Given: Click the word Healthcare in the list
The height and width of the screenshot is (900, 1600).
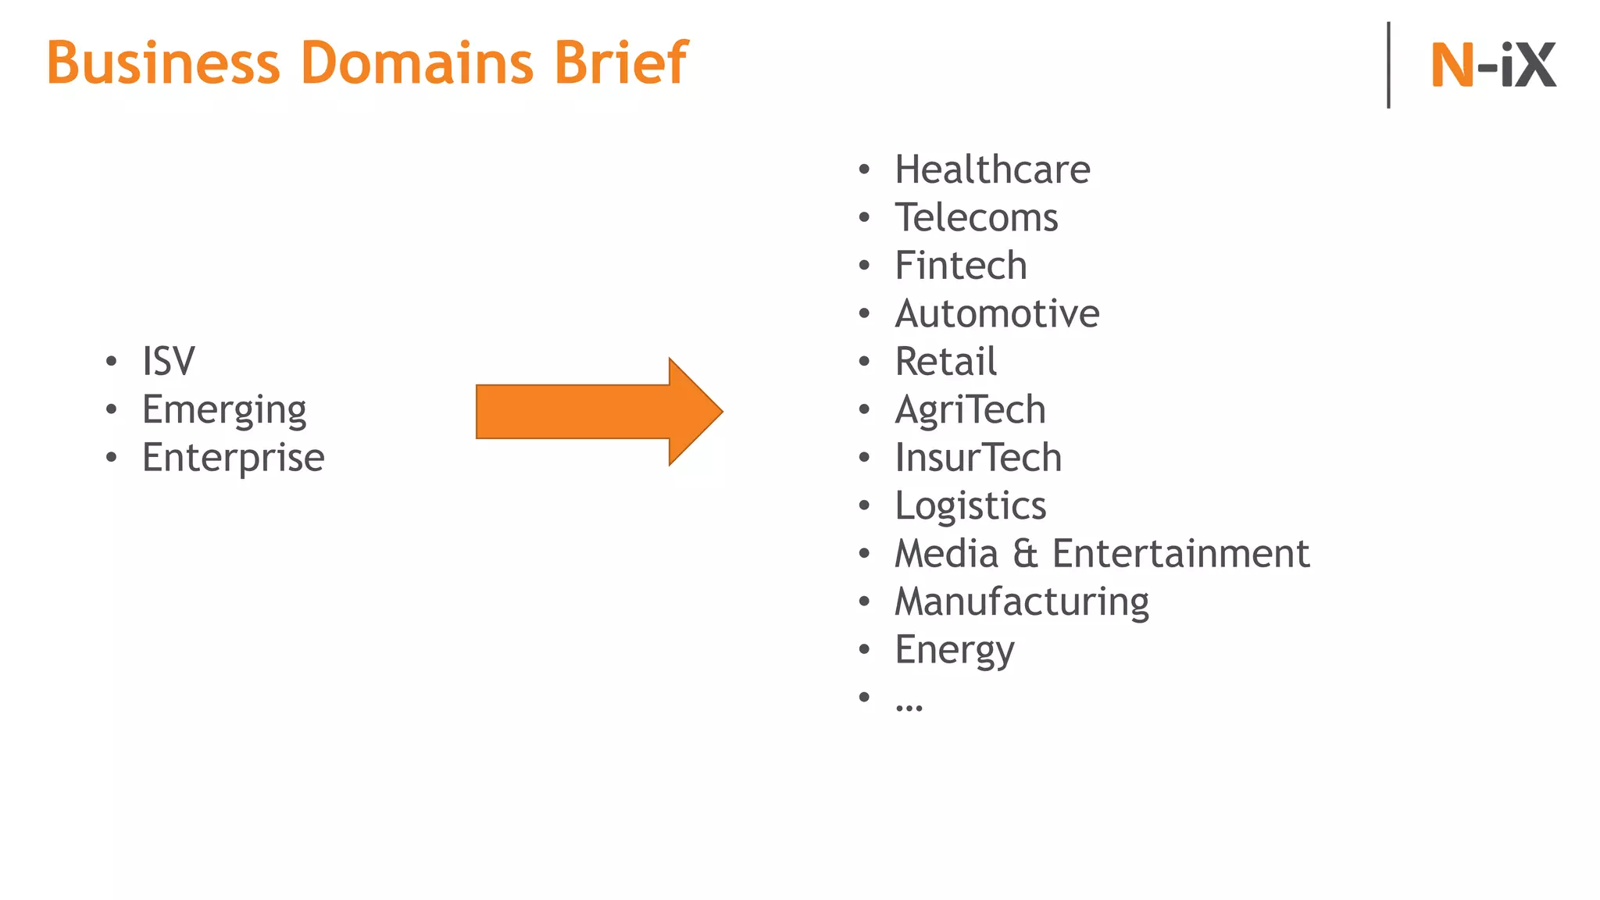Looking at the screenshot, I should (x=992, y=170).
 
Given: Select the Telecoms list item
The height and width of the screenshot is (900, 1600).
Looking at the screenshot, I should (x=977, y=217).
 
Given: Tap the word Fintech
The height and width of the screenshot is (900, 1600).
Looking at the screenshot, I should (x=961, y=266).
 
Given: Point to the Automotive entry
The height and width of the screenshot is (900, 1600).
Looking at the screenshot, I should (x=997, y=313).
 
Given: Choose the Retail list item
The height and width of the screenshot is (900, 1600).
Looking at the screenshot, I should (x=946, y=362).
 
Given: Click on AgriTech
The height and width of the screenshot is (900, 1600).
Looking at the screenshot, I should (x=970, y=410).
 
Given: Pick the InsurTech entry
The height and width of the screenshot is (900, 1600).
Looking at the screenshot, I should (x=978, y=458).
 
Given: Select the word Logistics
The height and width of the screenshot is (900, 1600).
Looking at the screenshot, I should (x=970, y=506).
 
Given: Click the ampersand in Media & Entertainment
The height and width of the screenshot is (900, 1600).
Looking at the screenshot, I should (x=1025, y=554).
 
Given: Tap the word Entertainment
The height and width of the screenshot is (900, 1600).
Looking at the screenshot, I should (x=1180, y=554).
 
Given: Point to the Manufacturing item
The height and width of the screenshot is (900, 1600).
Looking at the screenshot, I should (x=1022, y=602).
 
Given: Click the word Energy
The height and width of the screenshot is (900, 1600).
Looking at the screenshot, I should (x=955, y=650).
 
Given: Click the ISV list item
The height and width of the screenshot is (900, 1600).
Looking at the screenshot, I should (x=168, y=362).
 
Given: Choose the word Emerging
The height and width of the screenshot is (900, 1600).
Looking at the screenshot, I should (x=224, y=410).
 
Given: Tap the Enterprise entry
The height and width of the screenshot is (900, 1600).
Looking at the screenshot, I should (x=233, y=458).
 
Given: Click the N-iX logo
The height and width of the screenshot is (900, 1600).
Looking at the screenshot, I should (x=1493, y=65).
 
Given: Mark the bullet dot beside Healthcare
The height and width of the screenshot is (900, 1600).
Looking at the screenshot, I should (x=864, y=170).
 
